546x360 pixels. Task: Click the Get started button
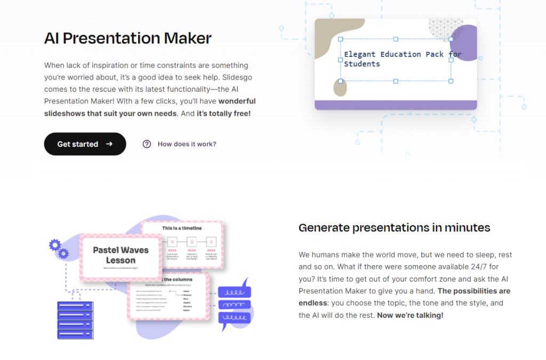click(x=85, y=144)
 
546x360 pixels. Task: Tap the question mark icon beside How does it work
click(x=147, y=144)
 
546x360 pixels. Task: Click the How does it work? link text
click(x=187, y=144)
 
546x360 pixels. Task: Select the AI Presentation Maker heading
click(x=128, y=38)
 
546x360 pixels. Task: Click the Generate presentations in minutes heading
click(x=394, y=228)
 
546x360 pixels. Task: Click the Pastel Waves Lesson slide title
click(x=121, y=255)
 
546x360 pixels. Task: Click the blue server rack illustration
click(x=75, y=319)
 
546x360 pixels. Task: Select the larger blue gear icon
click(x=54, y=245)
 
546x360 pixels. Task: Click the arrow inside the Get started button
click(x=109, y=144)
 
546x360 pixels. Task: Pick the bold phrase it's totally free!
click(x=223, y=114)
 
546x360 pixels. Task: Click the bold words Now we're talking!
click(x=410, y=315)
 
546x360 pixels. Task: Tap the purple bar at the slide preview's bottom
click(x=396, y=105)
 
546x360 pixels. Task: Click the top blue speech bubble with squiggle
click(x=235, y=292)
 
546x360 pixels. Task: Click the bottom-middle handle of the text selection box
click(x=396, y=81)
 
